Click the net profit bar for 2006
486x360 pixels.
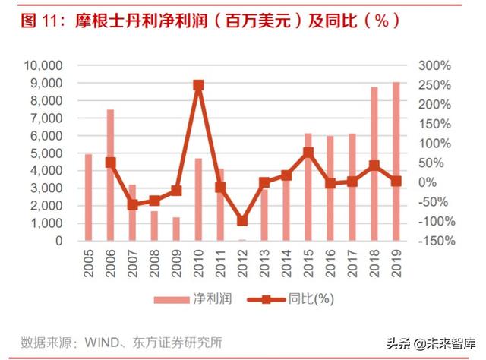110,175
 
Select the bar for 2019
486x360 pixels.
396,161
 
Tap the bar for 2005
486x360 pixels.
89,197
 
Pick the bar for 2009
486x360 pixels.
176,229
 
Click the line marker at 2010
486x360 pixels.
198,85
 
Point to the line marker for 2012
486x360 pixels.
242,220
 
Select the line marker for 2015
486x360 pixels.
308,153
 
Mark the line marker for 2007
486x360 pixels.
133,204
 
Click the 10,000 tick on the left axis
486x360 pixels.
43,65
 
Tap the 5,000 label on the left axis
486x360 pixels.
46,153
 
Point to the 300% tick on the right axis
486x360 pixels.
434,65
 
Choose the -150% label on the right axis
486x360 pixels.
437,241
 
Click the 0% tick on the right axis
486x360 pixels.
428,182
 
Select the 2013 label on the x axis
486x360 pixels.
264,264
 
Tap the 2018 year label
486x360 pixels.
374,264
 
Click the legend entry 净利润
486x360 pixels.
193,299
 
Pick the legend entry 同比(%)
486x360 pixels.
290,299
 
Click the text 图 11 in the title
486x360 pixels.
39,21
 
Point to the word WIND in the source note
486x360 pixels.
102,343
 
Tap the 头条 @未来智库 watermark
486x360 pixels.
431,344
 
